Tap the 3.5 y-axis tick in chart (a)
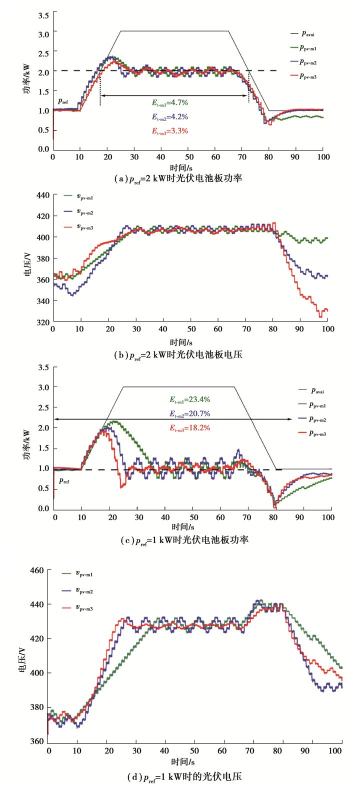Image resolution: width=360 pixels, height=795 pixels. [43, 15]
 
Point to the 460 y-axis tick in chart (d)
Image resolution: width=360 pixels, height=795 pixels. [38, 570]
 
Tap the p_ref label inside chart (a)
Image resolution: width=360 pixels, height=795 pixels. [63, 100]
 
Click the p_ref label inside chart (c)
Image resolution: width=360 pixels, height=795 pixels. [64, 480]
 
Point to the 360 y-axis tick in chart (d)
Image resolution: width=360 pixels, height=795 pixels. [38, 741]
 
